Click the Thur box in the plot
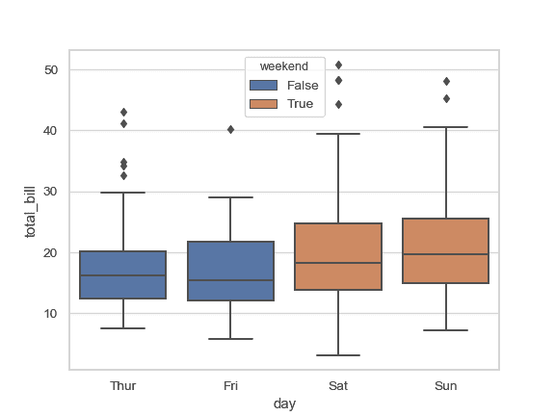click(x=123, y=274)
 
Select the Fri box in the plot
click(x=230, y=271)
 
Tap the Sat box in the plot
click(x=338, y=256)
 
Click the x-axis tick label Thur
click(x=123, y=385)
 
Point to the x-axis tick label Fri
click(x=230, y=385)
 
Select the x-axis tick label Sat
click(x=338, y=385)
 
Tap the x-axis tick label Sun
click(x=446, y=385)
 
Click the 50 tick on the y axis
click(x=51, y=70)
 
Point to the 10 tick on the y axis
click(x=51, y=314)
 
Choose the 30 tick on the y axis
click(x=51, y=192)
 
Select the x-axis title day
click(x=284, y=404)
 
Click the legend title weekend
click(x=284, y=66)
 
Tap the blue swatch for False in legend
click(x=263, y=86)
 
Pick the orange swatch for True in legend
click(x=263, y=103)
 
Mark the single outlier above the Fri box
click(x=230, y=129)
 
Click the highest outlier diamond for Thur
click(x=123, y=112)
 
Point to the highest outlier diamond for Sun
click(x=446, y=81)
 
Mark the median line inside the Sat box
click(x=338, y=263)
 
